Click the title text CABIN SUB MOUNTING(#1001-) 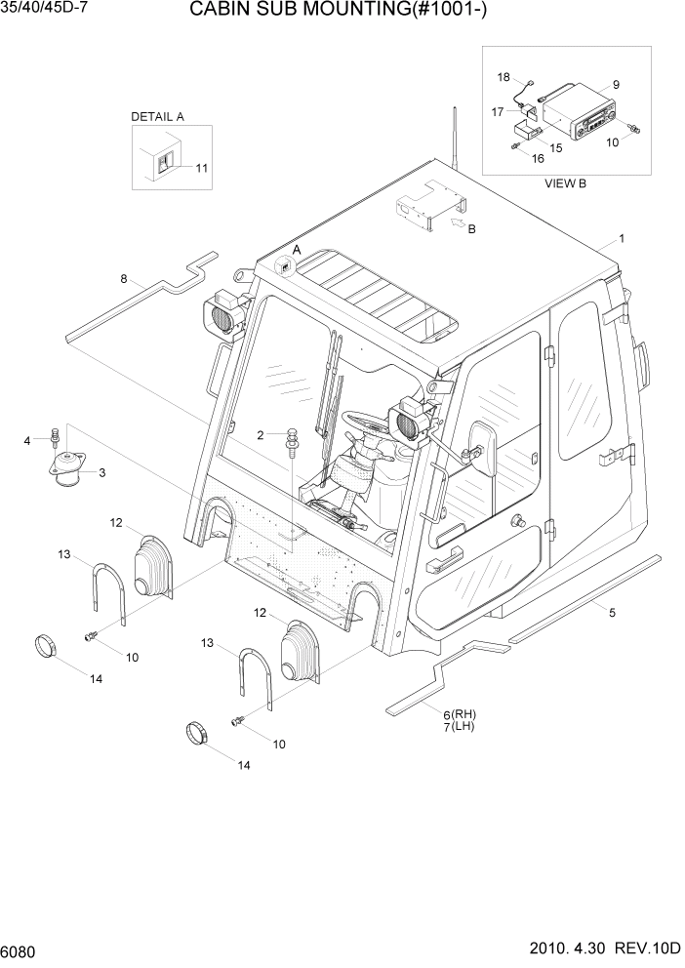pyautogui.click(x=347, y=12)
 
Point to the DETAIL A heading pyautogui.click(x=157, y=116)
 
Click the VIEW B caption pyautogui.click(x=565, y=182)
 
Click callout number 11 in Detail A pyautogui.click(x=201, y=168)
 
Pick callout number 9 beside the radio pyautogui.click(x=616, y=84)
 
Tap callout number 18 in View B pyautogui.click(x=504, y=76)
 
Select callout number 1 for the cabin pyautogui.click(x=622, y=238)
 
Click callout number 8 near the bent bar pyautogui.click(x=124, y=279)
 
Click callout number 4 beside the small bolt pyautogui.click(x=27, y=441)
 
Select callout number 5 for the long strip pyautogui.click(x=612, y=613)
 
